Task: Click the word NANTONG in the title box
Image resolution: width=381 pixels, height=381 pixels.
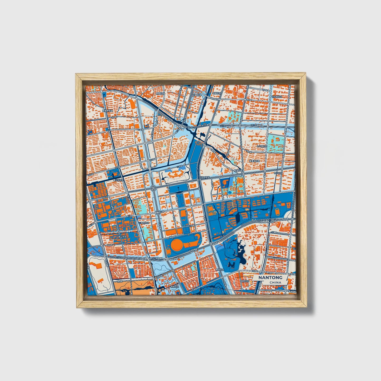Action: point(270,278)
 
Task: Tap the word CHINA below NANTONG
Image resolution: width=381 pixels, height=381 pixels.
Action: point(275,282)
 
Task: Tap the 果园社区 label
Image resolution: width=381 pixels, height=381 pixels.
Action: point(160,93)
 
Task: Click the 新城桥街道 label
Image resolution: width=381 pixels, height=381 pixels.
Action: point(107,111)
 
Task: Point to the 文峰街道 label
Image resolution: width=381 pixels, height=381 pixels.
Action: point(196,95)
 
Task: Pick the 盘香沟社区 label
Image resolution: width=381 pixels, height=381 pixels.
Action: point(254,161)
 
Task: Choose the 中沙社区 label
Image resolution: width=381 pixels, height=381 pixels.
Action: point(278,173)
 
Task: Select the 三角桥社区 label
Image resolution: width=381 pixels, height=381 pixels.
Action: point(144,223)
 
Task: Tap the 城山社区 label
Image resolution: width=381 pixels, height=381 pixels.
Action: point(122,237)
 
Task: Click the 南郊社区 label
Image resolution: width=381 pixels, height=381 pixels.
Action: point(219,270)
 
